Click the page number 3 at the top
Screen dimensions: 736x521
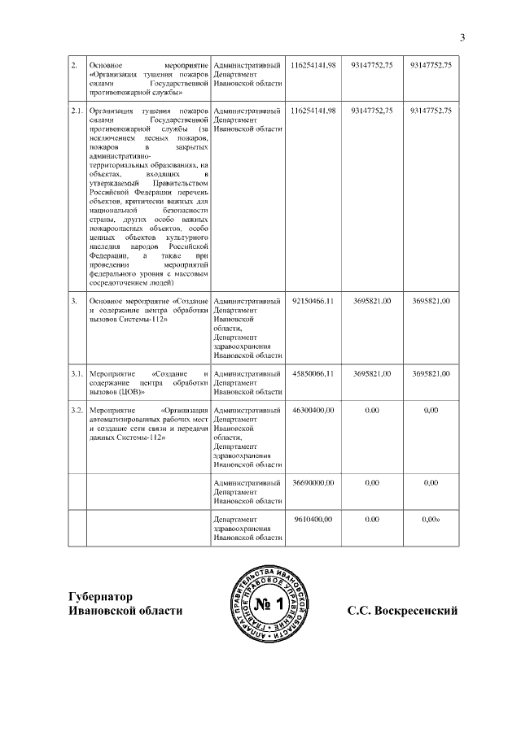[x=462, y=37]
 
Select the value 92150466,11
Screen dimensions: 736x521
[x=313, y=302]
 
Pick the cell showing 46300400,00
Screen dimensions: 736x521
[x=313, y=410]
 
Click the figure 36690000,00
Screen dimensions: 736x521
[x=313, y=482]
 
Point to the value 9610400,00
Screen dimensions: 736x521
[x=315, y=519]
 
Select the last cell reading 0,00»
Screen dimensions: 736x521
[x=431, y=519]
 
